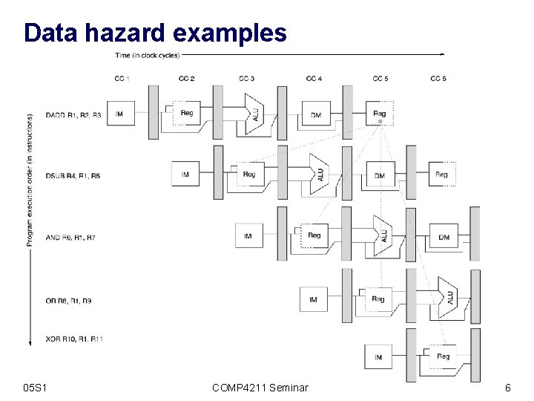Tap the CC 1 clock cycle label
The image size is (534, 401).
tap(122, 78)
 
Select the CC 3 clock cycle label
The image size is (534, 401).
tap(247, 78)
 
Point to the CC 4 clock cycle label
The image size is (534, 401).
tap(314, 78)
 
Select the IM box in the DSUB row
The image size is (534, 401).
tap(185, 175)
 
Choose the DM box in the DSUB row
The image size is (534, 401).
tap(379, 175)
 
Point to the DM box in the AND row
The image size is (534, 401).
tap(444, 236)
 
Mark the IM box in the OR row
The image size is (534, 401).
tap(313, 299)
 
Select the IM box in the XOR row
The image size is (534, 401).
tap(378, 357)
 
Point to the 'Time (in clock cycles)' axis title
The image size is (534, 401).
tap(147, 54)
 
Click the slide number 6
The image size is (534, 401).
tap(507, 388)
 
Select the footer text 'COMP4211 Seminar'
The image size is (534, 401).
tap(260, 388)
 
